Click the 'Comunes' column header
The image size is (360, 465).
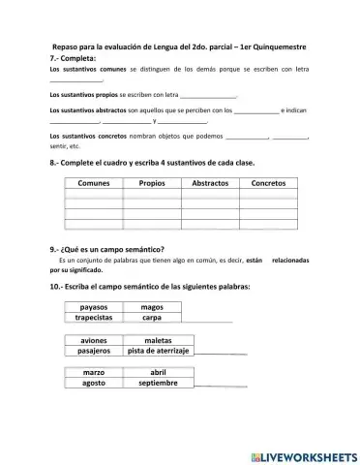(x=94, y=182)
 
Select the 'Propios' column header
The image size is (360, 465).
(x=152, y=182)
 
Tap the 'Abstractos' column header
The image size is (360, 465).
(x=210, y=182)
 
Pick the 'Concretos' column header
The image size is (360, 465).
(x=268, y=182)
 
